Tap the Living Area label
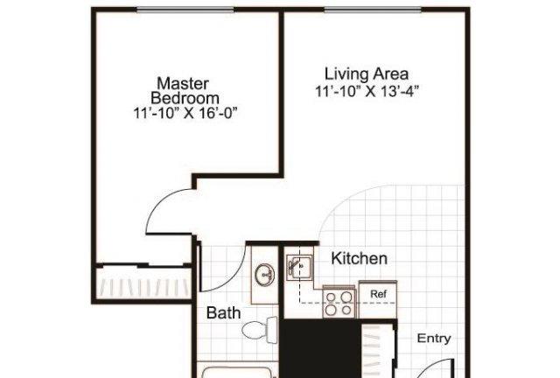[367, 74]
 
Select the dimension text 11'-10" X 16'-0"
[185, 113]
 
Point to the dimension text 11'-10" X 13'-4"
[367, 92]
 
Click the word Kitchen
[360, 258]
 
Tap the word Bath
[224, 312]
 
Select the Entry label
[434, 338]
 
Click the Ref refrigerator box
[378, 299]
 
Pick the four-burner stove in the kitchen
[339, 302]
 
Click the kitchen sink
[299, 267]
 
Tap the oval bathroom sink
[264, 275]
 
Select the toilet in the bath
[260, 330]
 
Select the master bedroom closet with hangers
[143, 283]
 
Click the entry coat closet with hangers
[378, 350]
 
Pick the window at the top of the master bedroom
[185, 10]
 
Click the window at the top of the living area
[373, 10]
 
